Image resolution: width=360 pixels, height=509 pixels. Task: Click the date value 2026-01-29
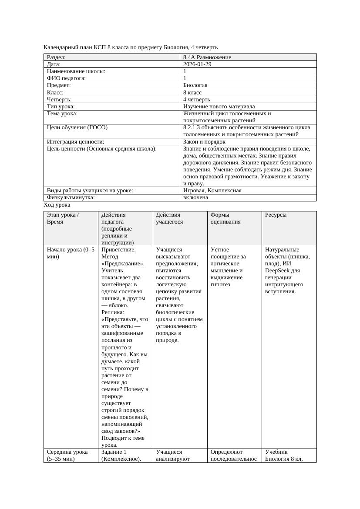point(198,64)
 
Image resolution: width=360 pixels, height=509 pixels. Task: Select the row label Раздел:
point(57,57)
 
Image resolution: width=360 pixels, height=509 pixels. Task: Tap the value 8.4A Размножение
point(207,57)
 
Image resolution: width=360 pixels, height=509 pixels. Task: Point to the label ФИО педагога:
point(66,78)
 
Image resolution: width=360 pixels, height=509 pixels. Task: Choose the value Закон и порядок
point(204,142)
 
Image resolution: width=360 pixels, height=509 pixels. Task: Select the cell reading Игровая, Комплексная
point(212,191)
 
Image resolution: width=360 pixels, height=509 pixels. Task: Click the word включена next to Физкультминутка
point(195,198)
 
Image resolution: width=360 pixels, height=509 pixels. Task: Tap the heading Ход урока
point(57,205)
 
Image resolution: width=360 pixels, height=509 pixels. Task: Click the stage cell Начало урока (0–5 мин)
point(70,253)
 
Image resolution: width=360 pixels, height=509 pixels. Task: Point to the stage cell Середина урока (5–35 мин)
point(67,455)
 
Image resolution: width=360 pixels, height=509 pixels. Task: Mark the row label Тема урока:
point(62,114)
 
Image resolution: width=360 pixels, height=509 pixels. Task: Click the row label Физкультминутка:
point(71,198)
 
